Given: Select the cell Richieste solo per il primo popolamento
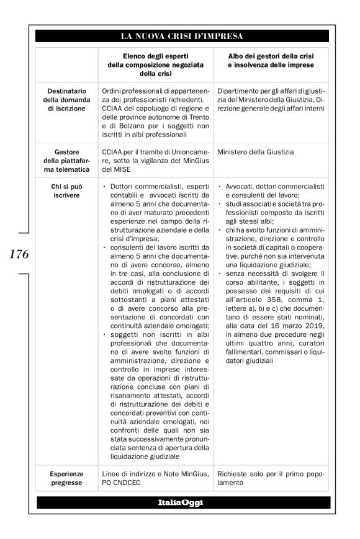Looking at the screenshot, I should click(x=270, y=478).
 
